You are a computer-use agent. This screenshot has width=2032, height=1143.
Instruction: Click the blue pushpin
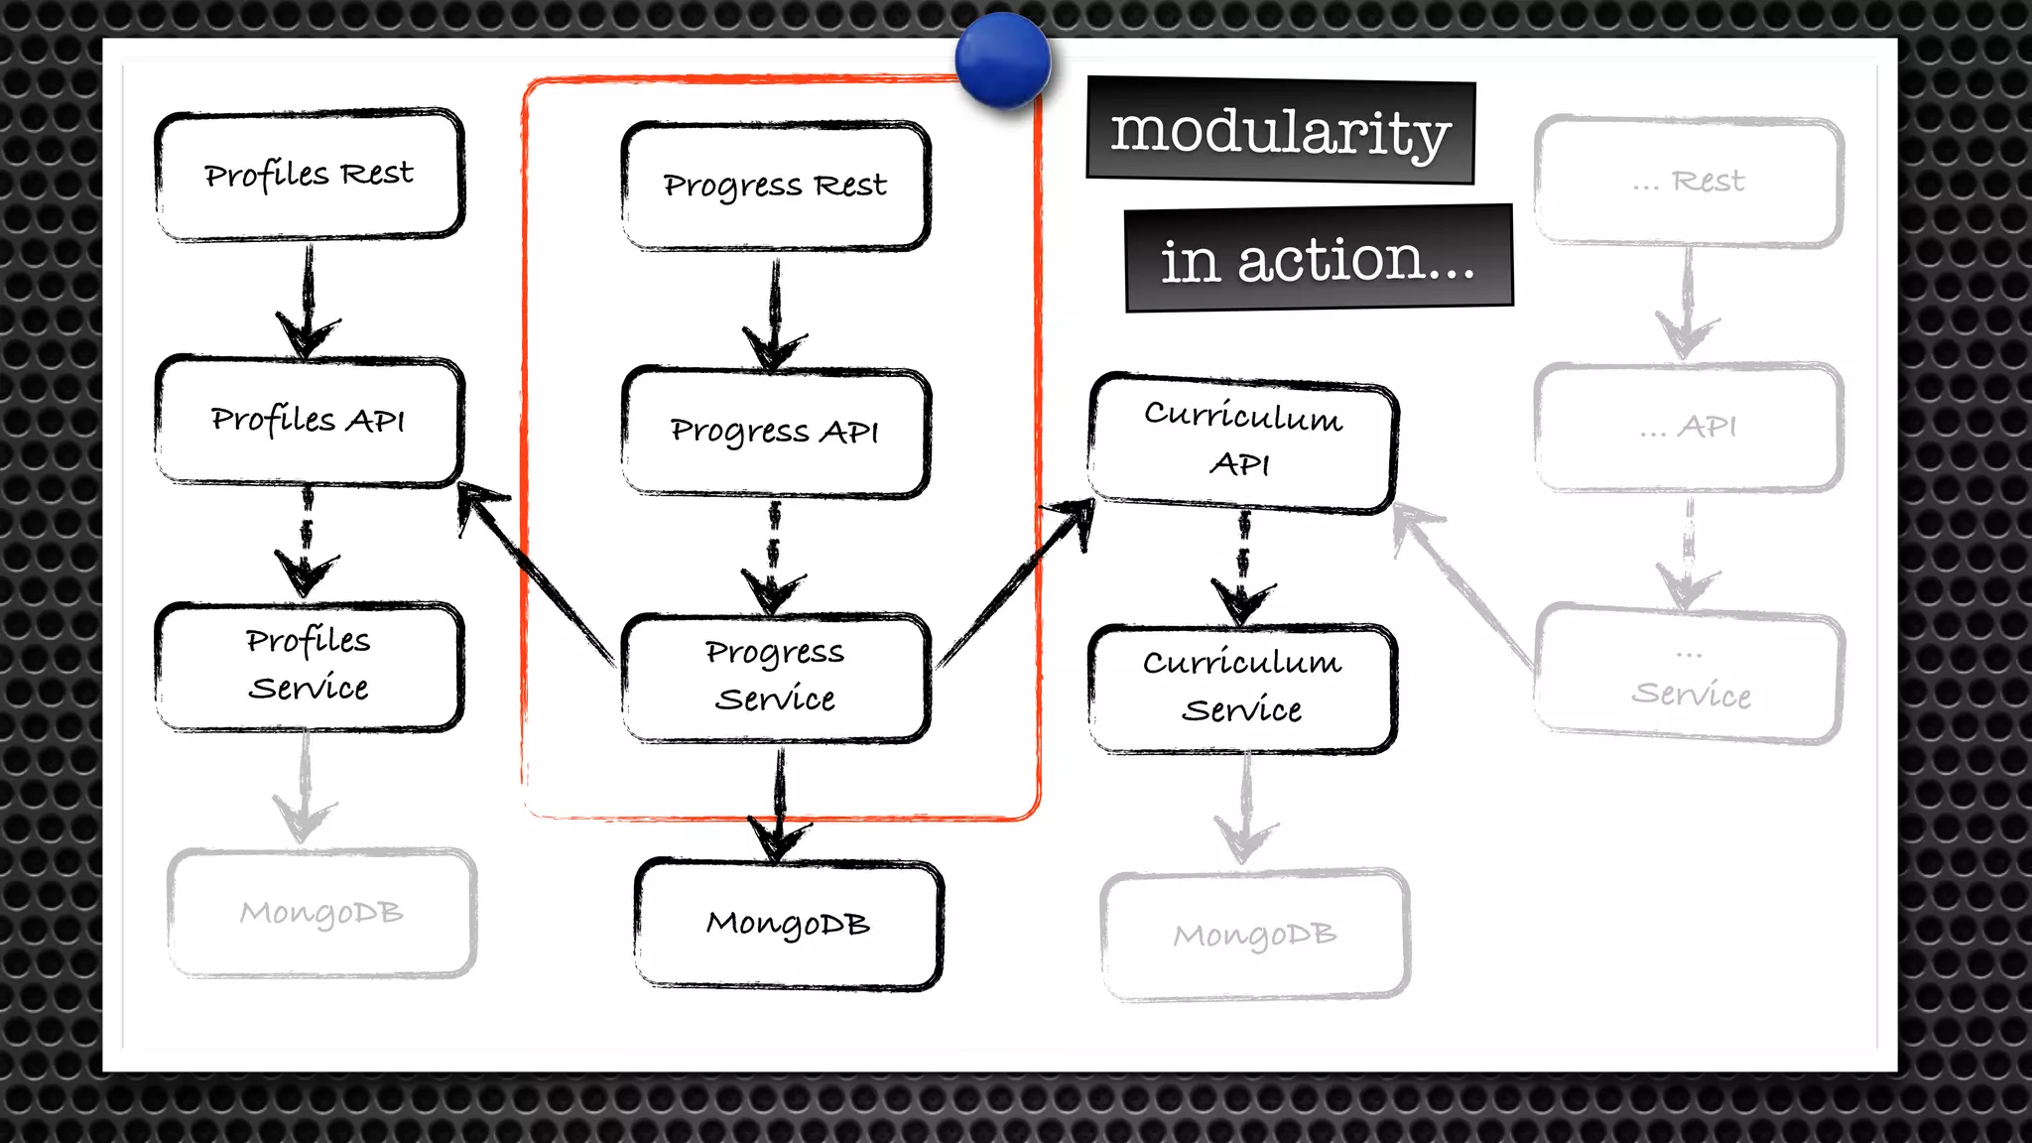tap(1002, 60)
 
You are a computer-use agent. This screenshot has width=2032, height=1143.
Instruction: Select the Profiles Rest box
tap(310, 175)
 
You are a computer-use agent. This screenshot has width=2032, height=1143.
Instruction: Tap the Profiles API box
tap(310, 421)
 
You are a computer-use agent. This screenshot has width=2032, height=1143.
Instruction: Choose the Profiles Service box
tap(310, 666)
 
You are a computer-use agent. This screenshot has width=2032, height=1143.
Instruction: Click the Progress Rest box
tap(776, 186)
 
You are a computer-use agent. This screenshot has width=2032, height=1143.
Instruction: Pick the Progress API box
tap(776, 432)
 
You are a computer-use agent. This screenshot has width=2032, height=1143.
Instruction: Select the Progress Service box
tap(776, 677)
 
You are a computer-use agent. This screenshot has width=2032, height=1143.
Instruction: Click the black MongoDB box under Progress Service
tap(789, 924)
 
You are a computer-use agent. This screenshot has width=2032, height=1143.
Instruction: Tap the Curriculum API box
tap(1243, 442)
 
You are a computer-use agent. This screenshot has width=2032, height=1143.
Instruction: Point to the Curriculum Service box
tap(1243, 688)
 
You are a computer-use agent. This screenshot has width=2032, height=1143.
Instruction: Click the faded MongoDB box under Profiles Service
tap(321, 913)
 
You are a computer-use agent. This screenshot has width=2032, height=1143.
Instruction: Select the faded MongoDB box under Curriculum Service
tap(1255, 935)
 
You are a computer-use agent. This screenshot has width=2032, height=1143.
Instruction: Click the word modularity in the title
tap(1281, 132)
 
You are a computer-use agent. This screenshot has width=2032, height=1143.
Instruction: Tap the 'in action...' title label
tap(1319, 260)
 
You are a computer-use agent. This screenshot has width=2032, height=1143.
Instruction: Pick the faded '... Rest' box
tap(1689, 182)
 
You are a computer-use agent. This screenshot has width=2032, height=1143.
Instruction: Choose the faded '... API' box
tap(1689, 427)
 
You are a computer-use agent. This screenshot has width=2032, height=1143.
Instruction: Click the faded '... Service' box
tap(1690, 676)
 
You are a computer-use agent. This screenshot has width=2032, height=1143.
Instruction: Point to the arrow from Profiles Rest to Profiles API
tap(308, 298)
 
